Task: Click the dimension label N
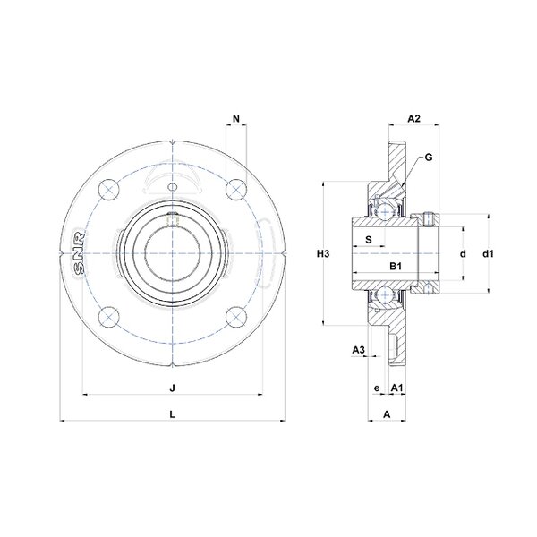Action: tap(236, 118)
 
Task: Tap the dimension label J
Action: tap(173, 388)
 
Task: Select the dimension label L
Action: tap(173, 414)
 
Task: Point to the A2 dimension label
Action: tap(413, 118)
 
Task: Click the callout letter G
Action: tap(429, 158)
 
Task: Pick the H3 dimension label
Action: tap(323, 254)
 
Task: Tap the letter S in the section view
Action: tap(369, 239)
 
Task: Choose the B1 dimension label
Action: tap(396, 266)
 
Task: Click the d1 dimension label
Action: tap(488, 254)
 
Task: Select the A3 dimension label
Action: tap(359, 350)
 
